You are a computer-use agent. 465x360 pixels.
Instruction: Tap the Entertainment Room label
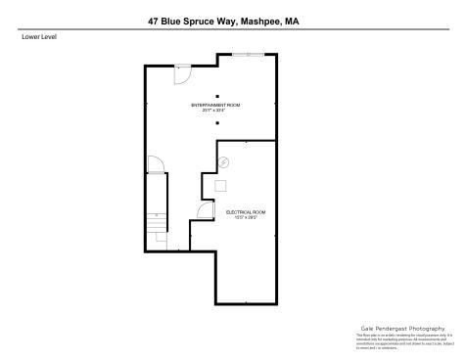tap(215, 104)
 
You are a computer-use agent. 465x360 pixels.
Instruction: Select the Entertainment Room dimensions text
tap(215, 110)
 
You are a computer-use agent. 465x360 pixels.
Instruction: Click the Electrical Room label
tap(245, 212)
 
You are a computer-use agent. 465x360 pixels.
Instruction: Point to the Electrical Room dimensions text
tap(245, 218)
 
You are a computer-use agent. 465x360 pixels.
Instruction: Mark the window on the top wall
tap(253, 56)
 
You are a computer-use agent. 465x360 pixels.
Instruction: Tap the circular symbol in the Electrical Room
tap(223, 162)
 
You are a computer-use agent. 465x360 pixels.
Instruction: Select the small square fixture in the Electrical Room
tap(221, 184)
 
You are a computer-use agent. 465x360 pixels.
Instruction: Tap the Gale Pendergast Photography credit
tap(401, 329)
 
